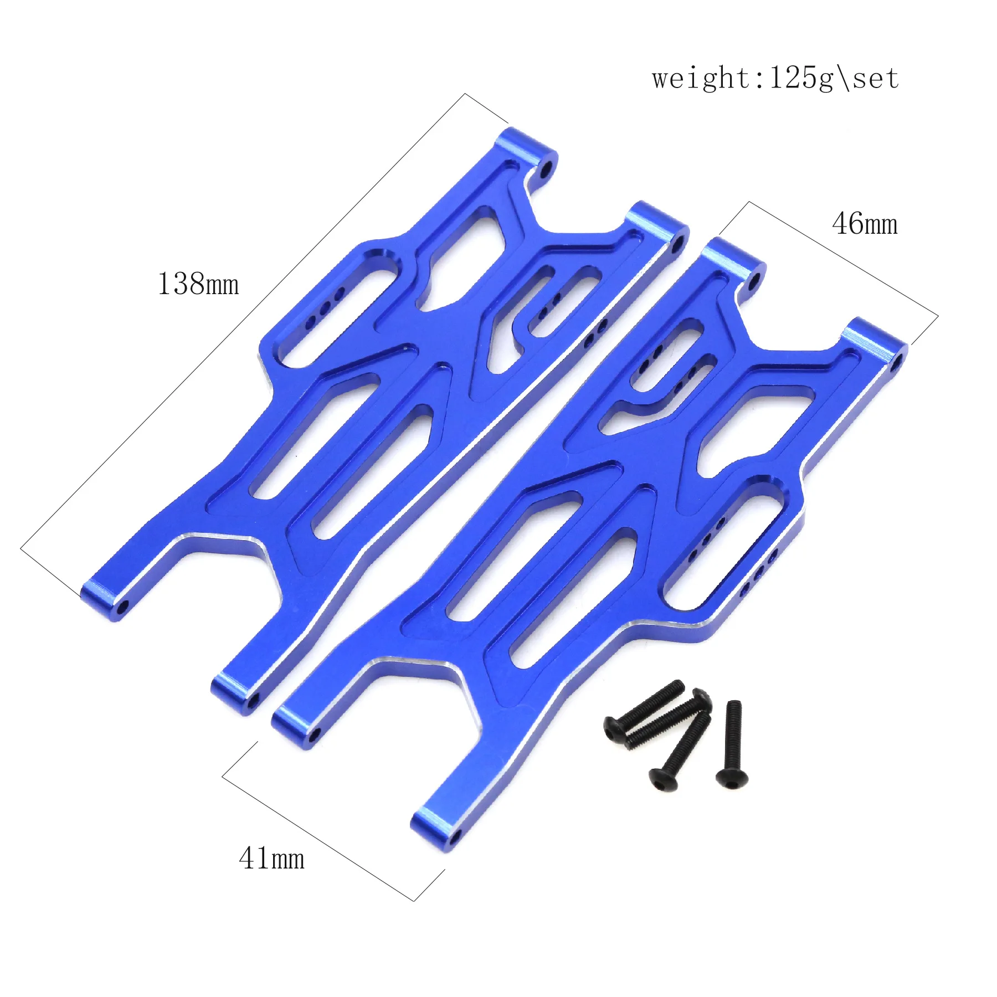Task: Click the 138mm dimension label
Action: pyautogui.click(x=198, y=284)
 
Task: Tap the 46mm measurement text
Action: pyautogui.click(x=865, y=224)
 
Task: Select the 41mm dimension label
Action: pyautogui.click(x=271, y=859)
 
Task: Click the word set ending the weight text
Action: pyautogui.click(x=875, y=79)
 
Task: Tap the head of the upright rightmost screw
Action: pyautogui.click(x=732, y=777)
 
